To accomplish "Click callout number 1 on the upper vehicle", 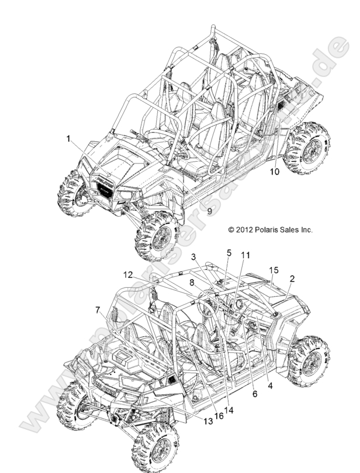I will pos(68,138).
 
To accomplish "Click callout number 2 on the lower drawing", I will pos(292,279).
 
